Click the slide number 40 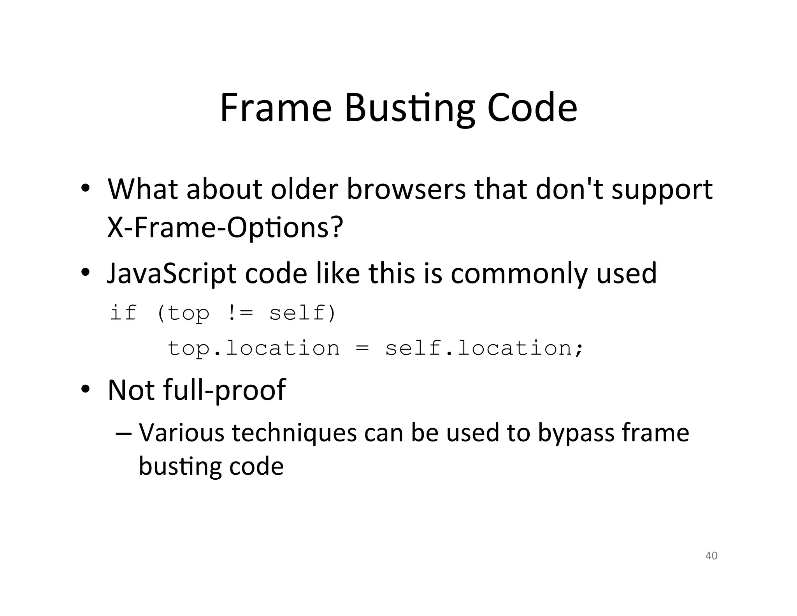click(x=711, y=556)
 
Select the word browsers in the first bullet click(x=406, y=190)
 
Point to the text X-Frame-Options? click(x=225, y=227)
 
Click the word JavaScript click(x=171, y=274)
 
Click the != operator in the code click(x=239, y=313)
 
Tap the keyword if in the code click(x=123, y=313)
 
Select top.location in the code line click(x=253, y=348)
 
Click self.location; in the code click(x=485, y=348)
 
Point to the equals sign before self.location click(x=362, y=348)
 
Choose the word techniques click(x=294, y=433)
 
